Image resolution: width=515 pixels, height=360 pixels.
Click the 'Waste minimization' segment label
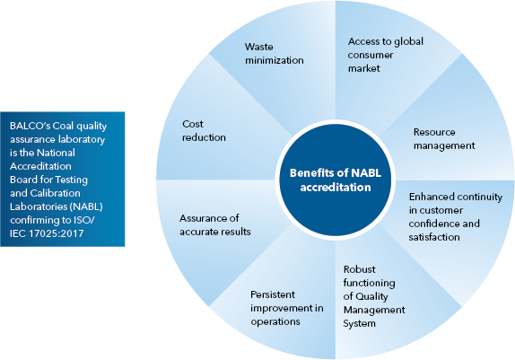[x=275, y=53]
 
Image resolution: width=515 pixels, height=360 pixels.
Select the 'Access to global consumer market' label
[x=386, y=55]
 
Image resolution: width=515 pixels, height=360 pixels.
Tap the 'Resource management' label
[x=444, y=139]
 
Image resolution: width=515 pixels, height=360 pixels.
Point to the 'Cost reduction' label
[x=204, y=130]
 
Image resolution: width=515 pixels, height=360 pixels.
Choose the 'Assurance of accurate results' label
[x=215, y=224]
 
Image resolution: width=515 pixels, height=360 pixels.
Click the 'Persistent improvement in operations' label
[x=287, y=308]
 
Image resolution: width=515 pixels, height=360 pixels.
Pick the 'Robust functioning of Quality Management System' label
[x=374, y=296]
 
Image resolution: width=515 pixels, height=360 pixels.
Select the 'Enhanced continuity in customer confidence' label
[x=456, y=216]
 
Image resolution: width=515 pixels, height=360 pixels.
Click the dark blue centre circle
[x=336, y=180]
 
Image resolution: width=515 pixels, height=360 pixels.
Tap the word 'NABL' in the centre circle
[x=366, y=173]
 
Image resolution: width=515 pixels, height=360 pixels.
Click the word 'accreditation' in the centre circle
[x=336, y=188]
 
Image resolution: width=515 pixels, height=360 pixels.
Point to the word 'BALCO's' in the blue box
[x=30, y=126]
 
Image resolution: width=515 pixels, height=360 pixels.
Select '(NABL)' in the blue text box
[x=86, y=206]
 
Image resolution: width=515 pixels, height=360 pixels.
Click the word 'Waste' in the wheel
[x=258, y=47]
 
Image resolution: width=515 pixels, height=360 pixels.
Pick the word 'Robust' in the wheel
[x=359, y=269]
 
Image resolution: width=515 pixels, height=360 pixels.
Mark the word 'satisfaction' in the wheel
[x=434, y=237]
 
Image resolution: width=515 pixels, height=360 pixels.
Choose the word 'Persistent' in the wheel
[x=273, y=294]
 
